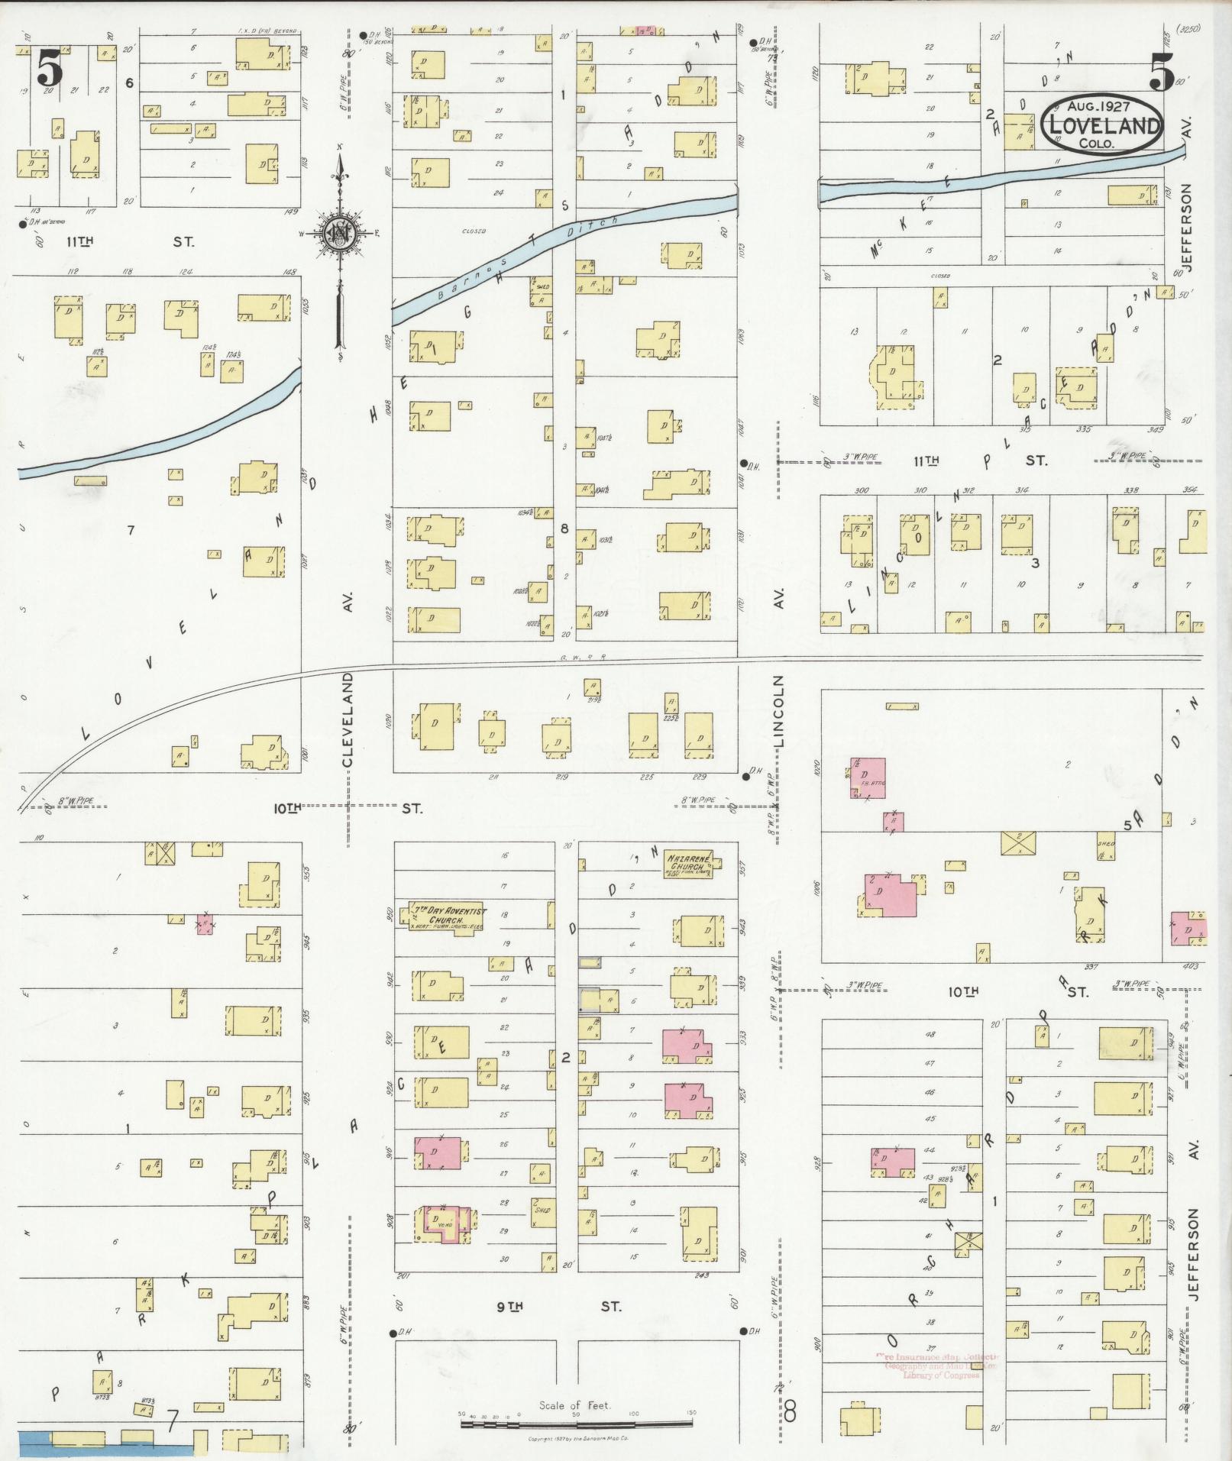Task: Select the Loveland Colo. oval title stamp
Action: coord(1102,124)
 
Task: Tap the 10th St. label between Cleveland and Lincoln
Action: coord(344,807)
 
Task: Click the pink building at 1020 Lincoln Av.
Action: coord(868,777)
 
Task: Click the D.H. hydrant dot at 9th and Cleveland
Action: coord(393,1333)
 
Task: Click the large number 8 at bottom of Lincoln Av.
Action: coord(790,1411)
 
